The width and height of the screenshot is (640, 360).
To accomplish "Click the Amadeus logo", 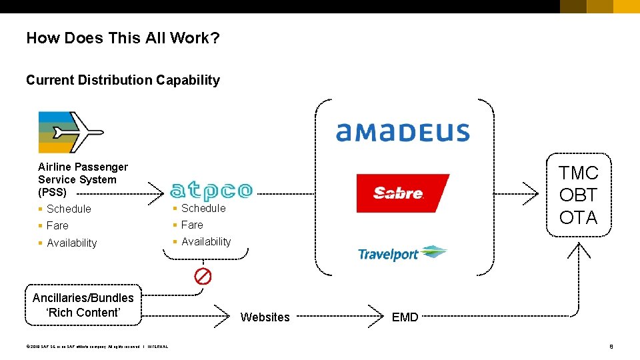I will coord(403,132).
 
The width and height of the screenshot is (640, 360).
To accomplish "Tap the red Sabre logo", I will coord(402,193).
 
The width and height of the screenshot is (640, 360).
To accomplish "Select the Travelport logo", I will coord(402,253).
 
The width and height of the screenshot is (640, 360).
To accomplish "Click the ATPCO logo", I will coord(211,191).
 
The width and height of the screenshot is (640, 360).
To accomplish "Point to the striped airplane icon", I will coord(71,133).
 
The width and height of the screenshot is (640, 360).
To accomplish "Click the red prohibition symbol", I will coord(203,276).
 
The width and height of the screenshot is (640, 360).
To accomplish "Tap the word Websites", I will coord(265,317).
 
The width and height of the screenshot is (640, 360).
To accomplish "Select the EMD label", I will coord(405,317).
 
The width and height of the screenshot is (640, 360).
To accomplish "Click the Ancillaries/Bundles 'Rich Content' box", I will coord(83,305).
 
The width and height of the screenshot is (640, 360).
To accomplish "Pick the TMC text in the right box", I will coord(579,173).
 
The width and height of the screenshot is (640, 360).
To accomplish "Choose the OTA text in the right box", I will coord(579,218).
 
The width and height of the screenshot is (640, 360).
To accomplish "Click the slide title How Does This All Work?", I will coord(123,38).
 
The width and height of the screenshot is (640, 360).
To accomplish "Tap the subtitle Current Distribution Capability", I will coord(123,80).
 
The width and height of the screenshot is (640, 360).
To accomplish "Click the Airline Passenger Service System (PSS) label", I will coord(83,179).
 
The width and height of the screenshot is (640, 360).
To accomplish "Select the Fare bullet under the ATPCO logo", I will coord(192,225).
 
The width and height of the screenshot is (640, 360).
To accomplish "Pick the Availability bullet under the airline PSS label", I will coord(72,243).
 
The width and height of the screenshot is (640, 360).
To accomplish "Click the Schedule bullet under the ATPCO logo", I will coord(203,208).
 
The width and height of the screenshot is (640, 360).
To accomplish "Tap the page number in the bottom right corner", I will coord(611,346).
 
